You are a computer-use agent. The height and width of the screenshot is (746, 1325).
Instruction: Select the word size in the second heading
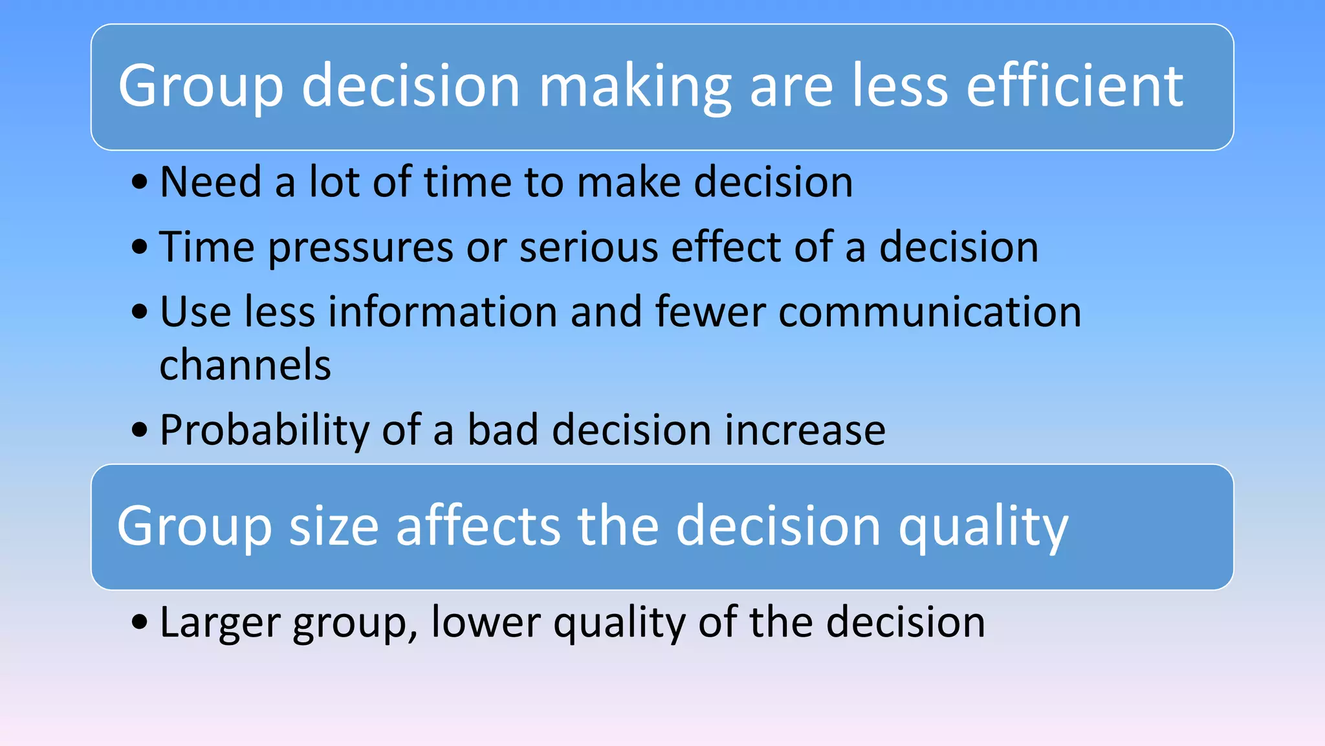[333, 526]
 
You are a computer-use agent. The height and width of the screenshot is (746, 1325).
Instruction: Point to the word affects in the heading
[478, 525]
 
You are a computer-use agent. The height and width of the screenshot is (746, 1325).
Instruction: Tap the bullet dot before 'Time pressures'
[140, 247]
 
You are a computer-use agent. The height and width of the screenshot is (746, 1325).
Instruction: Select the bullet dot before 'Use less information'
[140, 313]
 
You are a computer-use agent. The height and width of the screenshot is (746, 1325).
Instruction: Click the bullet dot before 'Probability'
[140, 430]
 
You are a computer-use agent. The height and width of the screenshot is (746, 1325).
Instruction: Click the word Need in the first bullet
[210, 182]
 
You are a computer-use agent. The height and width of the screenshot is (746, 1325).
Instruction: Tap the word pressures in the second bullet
[361, 248]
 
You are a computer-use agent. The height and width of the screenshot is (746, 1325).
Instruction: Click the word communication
[930, 312]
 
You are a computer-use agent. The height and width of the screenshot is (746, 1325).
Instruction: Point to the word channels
[245, 365]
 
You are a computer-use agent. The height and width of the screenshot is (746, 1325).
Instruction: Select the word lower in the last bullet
[485, 622]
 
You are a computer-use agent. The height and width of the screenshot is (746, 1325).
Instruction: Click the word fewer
[710, 312]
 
